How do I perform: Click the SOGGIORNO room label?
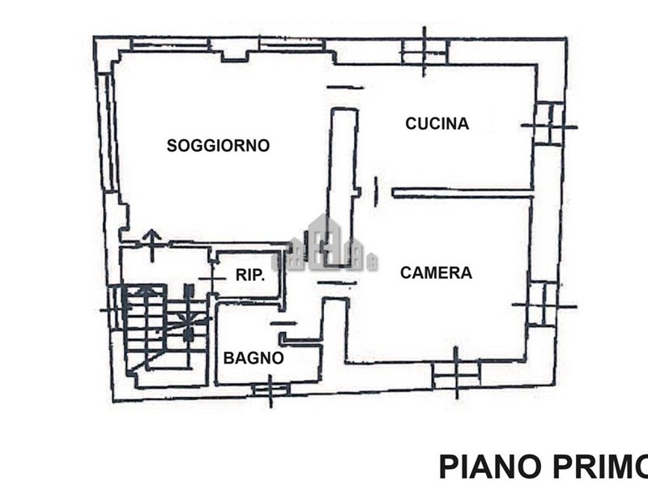pyautogui.click(x=218, y=146)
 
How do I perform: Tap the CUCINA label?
pyautogui.click(x=437, y=124)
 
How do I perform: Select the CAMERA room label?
pyautogui.click(x=436, y=273)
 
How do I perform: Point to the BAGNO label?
pyautogui.click(x=254, y=358)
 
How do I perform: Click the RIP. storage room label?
pyautogui.click(x=250, y=275)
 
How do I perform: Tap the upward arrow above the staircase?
pyautogui.click(x=151, y=245)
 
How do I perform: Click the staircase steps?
pyautogui.click(x=165, y=326)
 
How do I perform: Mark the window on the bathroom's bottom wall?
pyautogui.click(x=271, y=390)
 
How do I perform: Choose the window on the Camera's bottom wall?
pyautogui.click(x=456, y=374)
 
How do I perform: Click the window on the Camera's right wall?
pyautogui.click(x=544, y=305)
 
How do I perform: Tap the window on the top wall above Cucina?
pyautogui.click(x=424, y=52)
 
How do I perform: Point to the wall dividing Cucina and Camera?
pyautogui.click(x=463, y=193)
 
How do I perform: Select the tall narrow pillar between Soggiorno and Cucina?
pyautogui.click(x=343, y=186)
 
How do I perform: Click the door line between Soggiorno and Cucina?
pyautogui.click(x=345, y=87)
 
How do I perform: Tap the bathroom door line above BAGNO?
pyautogui.click(x=283, y=323)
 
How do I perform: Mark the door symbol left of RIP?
pyautogui.click(x=212, y=279)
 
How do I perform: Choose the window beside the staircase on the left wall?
pyautogui.click(x=113, y=309)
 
